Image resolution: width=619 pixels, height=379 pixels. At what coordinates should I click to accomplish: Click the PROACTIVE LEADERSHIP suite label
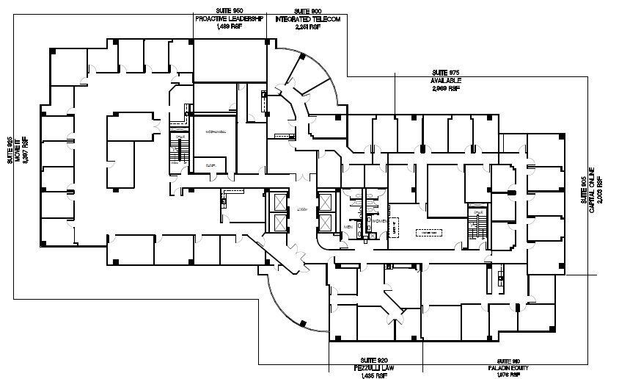229,19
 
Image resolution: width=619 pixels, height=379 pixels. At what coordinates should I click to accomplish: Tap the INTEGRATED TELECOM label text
307,19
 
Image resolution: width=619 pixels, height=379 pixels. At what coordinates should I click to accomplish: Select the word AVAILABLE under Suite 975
445,81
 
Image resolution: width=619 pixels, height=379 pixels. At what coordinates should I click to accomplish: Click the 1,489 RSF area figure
229,26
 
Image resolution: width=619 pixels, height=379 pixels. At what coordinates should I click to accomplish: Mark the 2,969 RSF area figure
445,87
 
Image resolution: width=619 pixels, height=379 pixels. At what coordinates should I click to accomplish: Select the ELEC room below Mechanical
210,165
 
